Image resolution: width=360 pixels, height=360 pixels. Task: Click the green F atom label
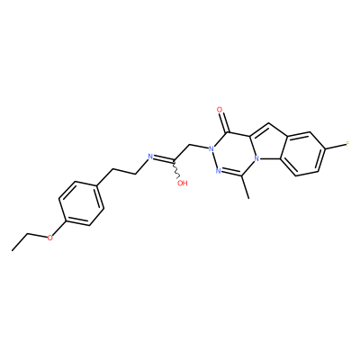tap(347, 144)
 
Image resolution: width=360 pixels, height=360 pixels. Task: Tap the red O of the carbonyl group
tap(220, 110)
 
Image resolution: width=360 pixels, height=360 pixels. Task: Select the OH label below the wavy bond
tap(182, 184)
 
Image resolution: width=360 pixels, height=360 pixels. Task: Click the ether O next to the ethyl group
tap(50, 238)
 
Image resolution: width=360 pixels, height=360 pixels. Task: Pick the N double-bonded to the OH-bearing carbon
tap(151, 156)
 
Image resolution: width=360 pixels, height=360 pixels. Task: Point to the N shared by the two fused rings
tap(256, 157)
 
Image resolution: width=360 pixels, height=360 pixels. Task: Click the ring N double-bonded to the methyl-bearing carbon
tap(219, 171)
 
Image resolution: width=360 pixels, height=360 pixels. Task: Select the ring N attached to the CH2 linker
tap(211, 148)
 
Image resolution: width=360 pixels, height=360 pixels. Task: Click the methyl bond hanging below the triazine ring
tap(245, 187)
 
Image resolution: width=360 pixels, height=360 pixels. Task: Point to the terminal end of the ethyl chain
tap(13, 250)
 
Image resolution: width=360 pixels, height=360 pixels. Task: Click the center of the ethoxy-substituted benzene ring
tap(81, 203)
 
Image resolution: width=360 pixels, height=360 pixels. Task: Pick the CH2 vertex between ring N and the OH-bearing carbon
tap(190, 146)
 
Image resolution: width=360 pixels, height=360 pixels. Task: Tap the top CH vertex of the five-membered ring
tap(269, 123)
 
